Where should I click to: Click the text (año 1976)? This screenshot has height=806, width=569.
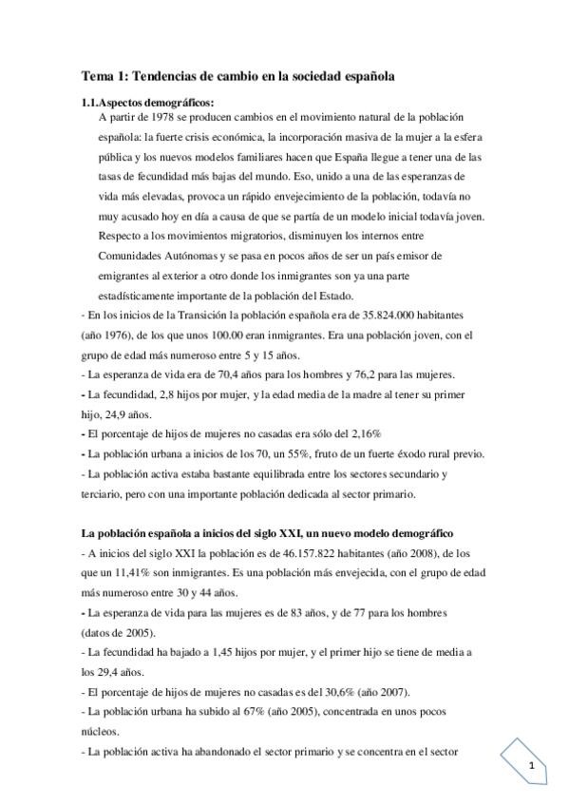107,336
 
